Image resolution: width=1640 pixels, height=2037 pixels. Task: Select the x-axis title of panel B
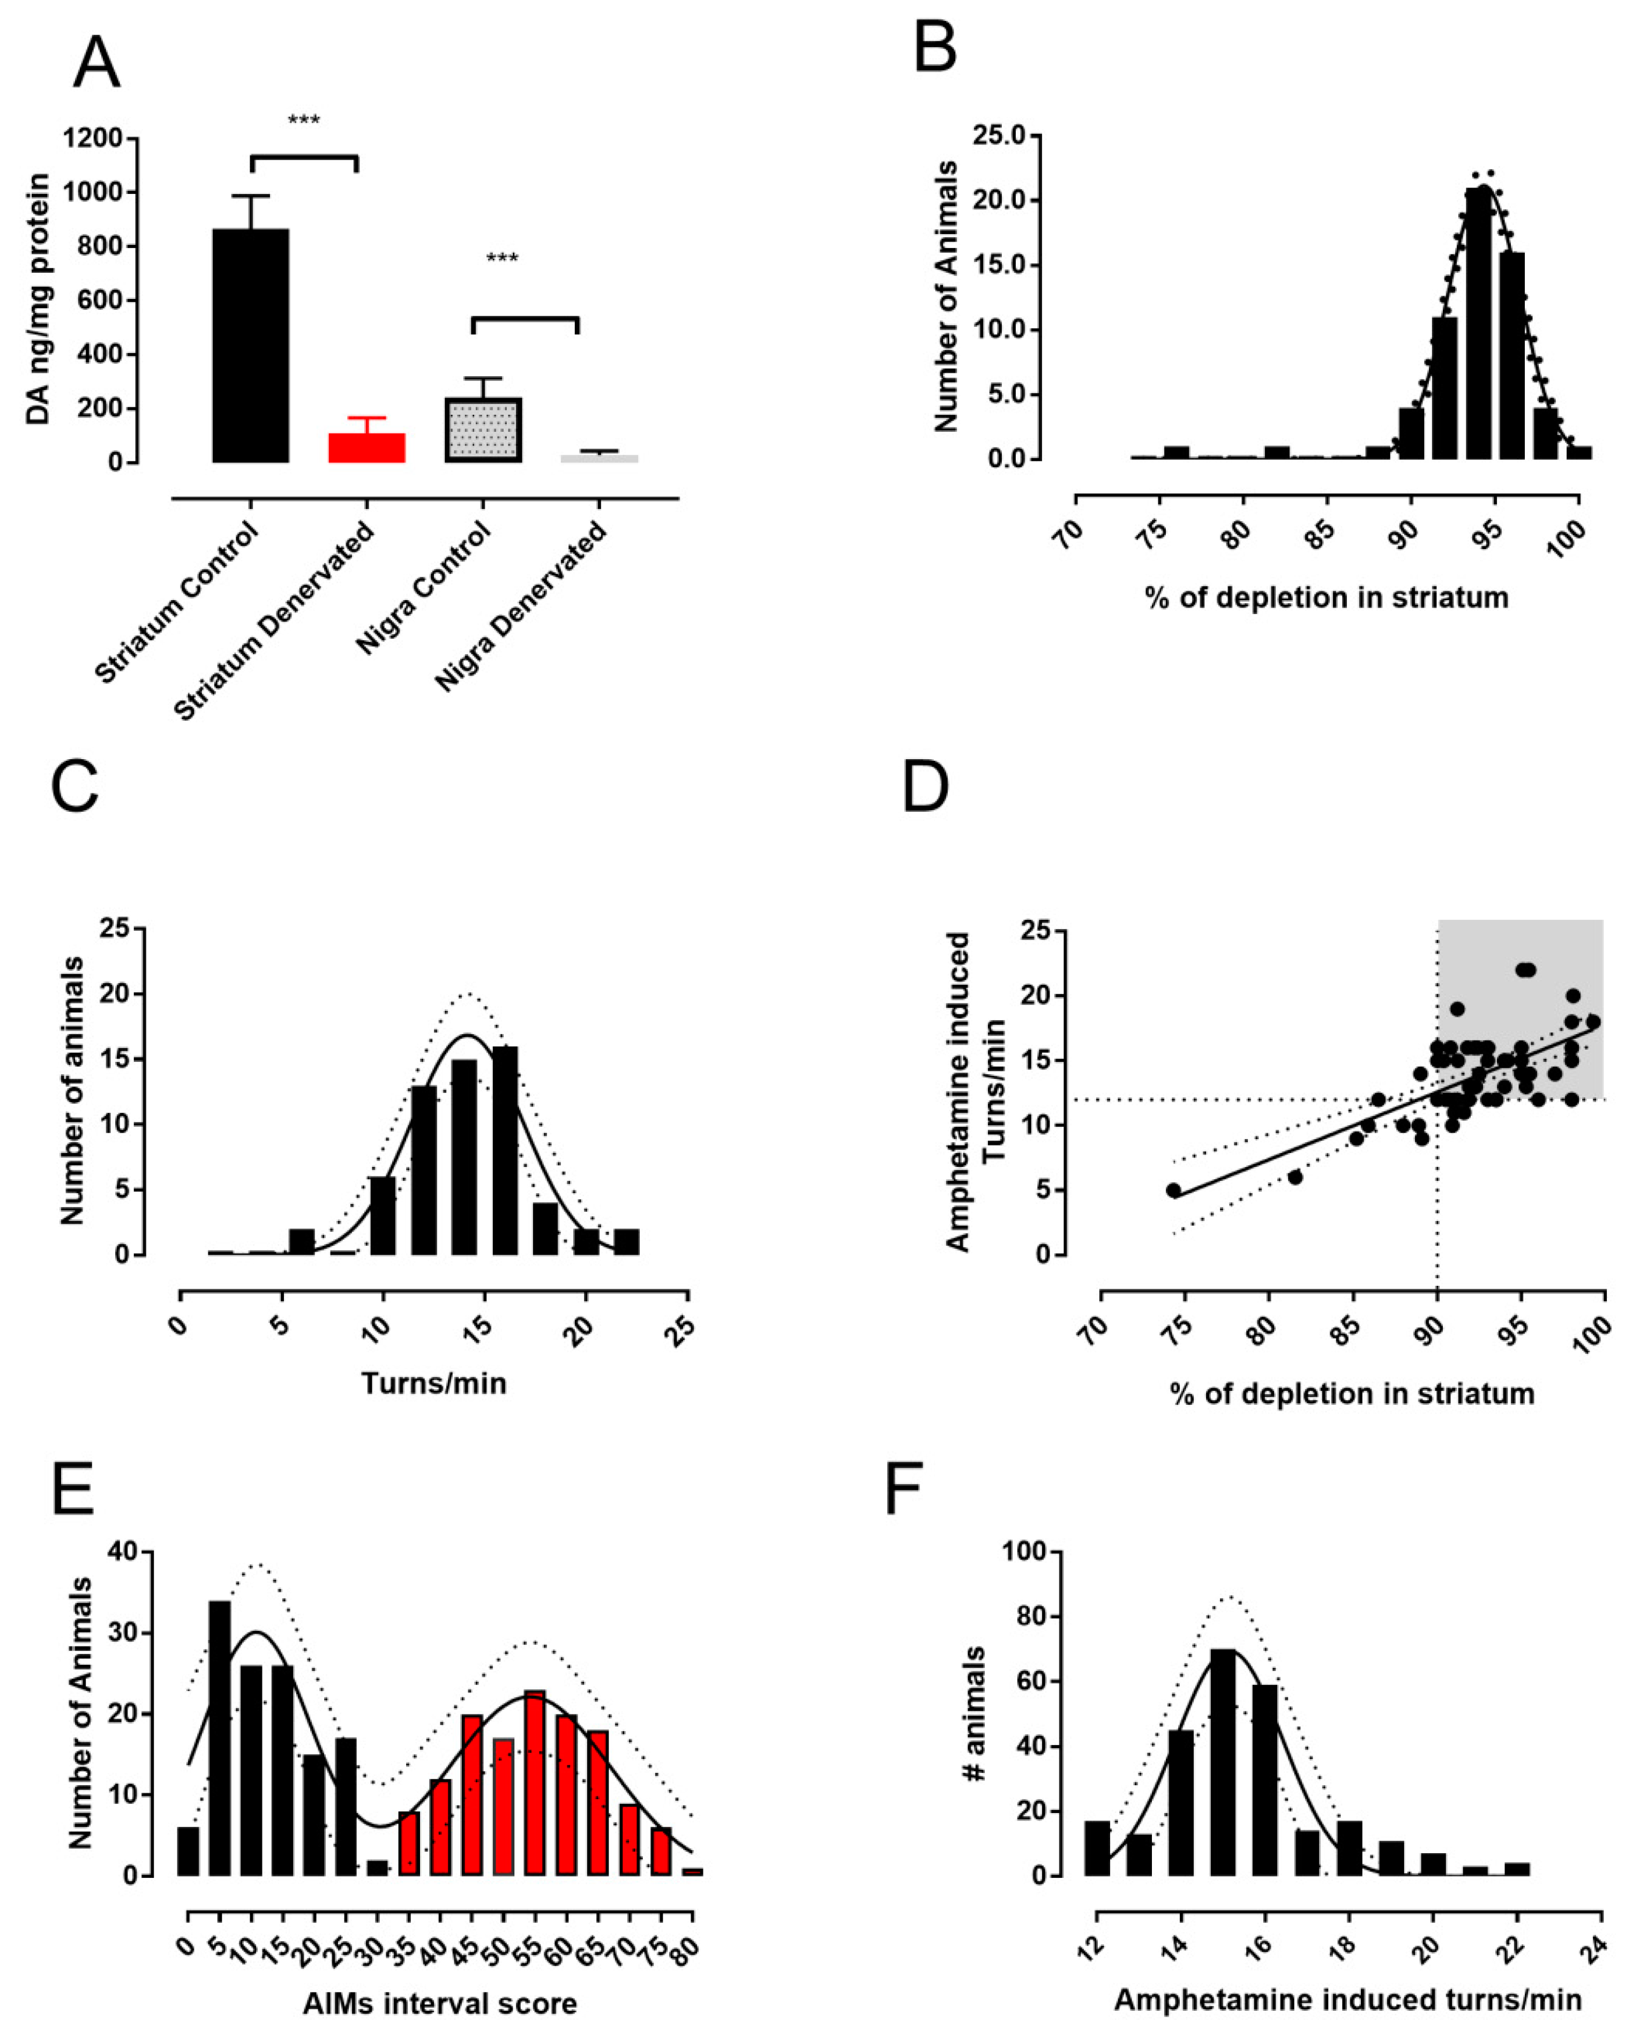(1327, 597)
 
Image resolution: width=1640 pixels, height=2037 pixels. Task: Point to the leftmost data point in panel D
(1173, 1190)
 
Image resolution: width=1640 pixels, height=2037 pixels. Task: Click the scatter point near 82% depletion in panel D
(1294, 1177)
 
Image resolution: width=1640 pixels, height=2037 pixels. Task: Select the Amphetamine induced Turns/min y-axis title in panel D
(973, 1092)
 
